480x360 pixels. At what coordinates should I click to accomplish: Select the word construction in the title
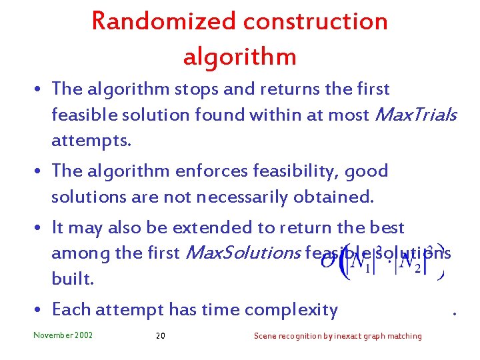[315, 21]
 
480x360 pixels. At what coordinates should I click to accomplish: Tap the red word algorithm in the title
[239, 57]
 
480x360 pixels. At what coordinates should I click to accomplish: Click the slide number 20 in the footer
[160, 336]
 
